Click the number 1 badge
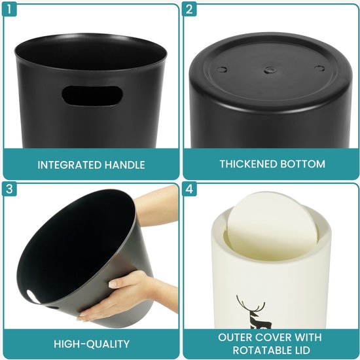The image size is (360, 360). click(x=9, y=9)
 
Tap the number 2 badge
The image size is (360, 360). click(x=189, y=9)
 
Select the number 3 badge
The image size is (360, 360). click(x=9, y=189)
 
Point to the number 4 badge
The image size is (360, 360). click(x=189, y=189)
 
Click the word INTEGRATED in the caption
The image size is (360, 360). click(x=69, y=165)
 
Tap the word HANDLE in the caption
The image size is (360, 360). click(x=124, y=165)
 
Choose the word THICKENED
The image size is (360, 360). click(x=245, y=164)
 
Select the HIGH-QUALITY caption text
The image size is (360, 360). click(x=92, y=344)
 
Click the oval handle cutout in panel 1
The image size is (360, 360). click(x=92, y=96)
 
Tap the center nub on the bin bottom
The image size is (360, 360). click(x=270, y=69)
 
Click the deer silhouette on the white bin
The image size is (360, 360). click(x=252, y=312)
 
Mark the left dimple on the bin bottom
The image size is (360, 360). click(x=222, y=69)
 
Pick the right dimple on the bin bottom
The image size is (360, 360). click(x=319, y=68)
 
